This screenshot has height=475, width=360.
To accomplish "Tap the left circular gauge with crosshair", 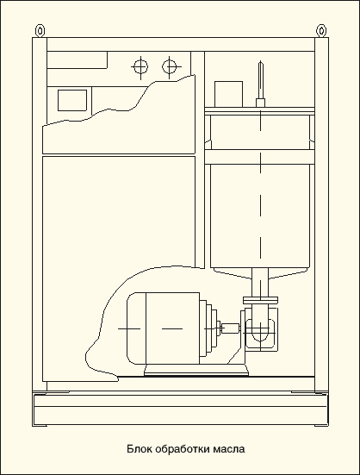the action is pyautogui.click(x=140, y=66).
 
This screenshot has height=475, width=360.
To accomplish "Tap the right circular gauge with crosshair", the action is pyautogui.click(x=170, y=66).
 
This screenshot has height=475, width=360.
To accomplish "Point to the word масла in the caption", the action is pyautogui.click(x=229, y=449).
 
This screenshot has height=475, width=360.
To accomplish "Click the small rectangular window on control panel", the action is pyautogui.click(x=72, y=100).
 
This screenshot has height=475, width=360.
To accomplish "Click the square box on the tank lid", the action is pyautogui.click(x=228, y=94).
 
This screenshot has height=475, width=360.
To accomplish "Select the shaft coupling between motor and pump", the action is pyautogui.click(x=231, y=328).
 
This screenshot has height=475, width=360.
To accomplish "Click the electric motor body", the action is pyautogui.click(x=172, y=328).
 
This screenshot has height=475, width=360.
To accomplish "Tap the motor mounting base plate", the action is pyautogui.click(x=196, y=370).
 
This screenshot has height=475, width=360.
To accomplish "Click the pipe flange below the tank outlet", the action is pyautogui.click(x=260, y=300).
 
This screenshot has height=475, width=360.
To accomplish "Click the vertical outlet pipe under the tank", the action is pyautogui.click(x=260, y=283).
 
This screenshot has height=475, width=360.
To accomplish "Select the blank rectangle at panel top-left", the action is pyautogui.click(x=78, y=59).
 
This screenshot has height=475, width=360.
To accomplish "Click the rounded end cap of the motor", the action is pyautogui.click(x=136, y=328).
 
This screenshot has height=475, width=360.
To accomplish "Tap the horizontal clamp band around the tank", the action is pyautogui.click(x=259, y=157).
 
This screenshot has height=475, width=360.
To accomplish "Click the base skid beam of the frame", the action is pyautogui.click(x=181, y=409).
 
